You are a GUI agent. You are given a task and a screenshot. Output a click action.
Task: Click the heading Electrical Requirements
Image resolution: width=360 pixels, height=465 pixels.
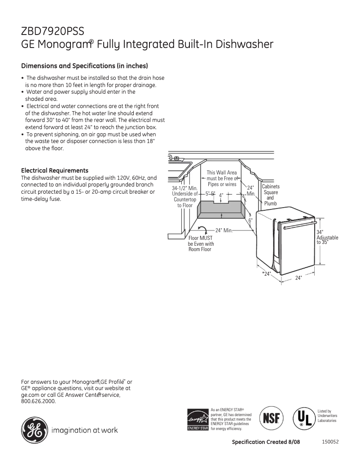click(55, 170)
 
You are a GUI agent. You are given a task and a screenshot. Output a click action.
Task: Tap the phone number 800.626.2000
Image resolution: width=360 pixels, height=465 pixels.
click(39, 401)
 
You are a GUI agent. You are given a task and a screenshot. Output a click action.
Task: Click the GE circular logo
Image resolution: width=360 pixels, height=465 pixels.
click(33, 430)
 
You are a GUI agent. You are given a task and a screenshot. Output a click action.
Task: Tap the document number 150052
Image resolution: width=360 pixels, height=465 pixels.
click(330, 442)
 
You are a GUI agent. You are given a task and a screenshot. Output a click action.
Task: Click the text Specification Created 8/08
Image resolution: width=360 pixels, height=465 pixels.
click(265, 442)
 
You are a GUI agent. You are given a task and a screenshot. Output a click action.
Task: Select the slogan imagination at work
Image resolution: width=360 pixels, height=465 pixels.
click(85, 430)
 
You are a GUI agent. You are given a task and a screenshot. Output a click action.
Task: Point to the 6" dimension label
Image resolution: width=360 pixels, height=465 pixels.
click(251, 221)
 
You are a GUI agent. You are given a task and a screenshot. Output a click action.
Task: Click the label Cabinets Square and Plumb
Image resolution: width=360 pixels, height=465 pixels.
click(270, 195)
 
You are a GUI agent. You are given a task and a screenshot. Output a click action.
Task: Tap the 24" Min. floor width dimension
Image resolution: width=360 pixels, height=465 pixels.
click(223, 230)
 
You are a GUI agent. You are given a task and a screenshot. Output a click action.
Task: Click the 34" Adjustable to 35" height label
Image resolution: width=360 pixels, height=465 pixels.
click(327, 237)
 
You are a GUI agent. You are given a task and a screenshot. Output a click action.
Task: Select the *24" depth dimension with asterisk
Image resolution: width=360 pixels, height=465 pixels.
click(267, 274)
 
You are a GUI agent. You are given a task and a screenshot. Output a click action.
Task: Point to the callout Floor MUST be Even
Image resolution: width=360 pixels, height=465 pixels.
click(200, 243)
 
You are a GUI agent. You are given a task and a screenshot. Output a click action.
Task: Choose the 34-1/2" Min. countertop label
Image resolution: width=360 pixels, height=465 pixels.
click(184, 196)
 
